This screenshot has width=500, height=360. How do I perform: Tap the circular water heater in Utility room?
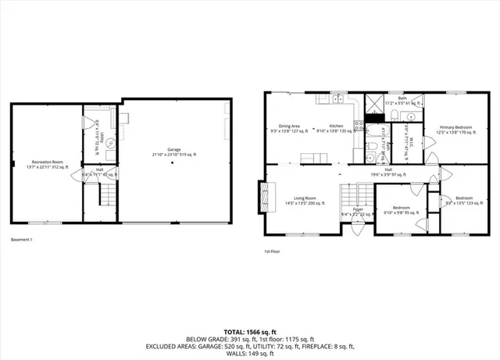pos(110,143)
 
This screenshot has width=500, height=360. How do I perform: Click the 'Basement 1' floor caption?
pos(21,240)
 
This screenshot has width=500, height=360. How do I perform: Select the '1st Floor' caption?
pos(273,251)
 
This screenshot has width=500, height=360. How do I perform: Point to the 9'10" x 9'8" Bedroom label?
pos(401,211)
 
